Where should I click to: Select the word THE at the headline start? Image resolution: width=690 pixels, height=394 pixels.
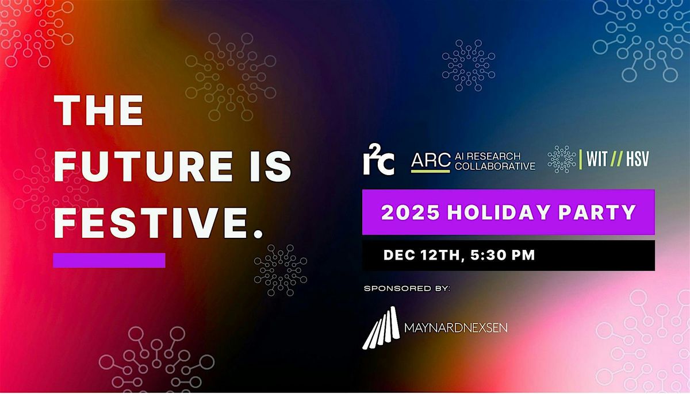click(98, 111)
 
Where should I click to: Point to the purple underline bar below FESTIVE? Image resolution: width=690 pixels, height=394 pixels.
click(109, 260)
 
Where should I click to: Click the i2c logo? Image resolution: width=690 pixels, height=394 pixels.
click(378, 160)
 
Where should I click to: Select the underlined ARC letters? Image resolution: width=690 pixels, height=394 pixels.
click(431, 161)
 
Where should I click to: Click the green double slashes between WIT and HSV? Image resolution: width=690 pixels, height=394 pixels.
click(618, 159)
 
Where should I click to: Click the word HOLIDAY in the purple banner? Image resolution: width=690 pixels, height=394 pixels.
click(493, 213)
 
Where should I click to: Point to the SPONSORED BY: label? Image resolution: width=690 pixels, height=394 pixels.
click(407, 288)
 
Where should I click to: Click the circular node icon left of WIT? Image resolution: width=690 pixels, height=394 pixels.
click(562, 159)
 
